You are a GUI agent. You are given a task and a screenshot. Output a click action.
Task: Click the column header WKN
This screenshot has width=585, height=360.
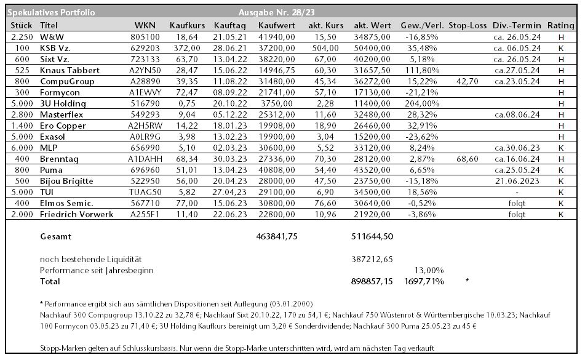click(x=145, y=25)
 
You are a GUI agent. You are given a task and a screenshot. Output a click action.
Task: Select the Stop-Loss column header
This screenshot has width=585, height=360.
click(x=468, y=25)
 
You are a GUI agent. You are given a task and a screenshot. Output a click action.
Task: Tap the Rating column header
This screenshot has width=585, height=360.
click(x=561, y=25)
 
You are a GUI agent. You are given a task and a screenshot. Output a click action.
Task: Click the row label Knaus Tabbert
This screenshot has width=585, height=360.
click(x=70, y=70)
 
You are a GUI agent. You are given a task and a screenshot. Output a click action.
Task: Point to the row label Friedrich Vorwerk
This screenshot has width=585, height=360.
click(x=76, y=214)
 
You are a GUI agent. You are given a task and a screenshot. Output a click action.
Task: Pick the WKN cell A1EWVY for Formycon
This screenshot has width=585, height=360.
click(x=145, y=92)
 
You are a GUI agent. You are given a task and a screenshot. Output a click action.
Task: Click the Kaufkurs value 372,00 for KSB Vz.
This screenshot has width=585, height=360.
click(x=187, y=48)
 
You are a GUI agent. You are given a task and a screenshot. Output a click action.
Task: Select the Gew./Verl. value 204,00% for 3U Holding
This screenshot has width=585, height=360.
click(x=422, y=103)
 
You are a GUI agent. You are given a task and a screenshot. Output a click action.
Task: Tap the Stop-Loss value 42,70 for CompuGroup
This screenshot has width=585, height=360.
click(x=467, y=81)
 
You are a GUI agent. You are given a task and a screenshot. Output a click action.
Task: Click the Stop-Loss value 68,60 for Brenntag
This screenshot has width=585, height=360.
click(x=467, y=159)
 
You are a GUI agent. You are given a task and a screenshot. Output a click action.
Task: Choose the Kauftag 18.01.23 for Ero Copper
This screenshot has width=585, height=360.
click(x=230, y=126)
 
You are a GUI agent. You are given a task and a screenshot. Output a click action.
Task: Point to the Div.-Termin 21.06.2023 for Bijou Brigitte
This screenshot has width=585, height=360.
click(x=517, y=181)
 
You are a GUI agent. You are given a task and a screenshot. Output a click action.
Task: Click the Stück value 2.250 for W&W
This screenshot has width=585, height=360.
click(x=22, y=37)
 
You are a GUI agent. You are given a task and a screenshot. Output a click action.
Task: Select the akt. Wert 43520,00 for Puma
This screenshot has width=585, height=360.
click(x=372, y=170)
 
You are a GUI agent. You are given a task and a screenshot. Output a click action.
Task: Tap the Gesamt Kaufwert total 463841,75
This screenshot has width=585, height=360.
click(x=276, y=236)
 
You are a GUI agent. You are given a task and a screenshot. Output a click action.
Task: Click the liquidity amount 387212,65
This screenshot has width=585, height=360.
click(x=372, y=259)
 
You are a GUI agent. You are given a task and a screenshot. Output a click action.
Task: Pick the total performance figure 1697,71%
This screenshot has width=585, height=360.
click(x=424, y=281)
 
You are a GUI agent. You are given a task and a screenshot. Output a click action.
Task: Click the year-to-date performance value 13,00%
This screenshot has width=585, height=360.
click(x=429, y=271)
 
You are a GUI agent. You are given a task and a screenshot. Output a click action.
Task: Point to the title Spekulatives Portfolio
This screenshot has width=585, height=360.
click(x=51, y=13)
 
